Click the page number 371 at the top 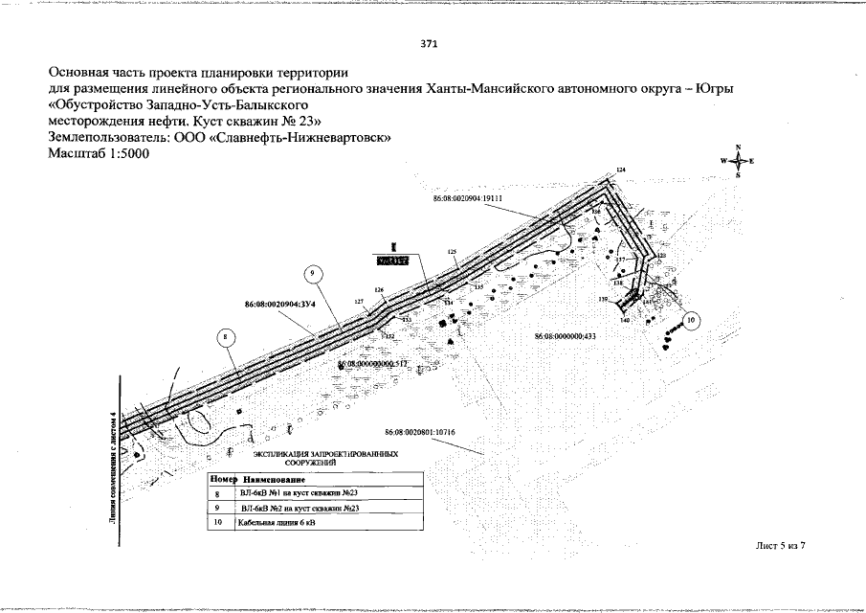[x=430, y=43]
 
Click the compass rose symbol [x=738, y=162]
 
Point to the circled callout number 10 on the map [x=692, y=320]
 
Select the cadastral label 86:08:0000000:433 [x=565, y=336]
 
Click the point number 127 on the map [x=360, y=302]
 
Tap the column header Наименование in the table [x=274, y=478]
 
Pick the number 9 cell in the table [x=218, y=508]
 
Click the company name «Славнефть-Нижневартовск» [x=319, y=137]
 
